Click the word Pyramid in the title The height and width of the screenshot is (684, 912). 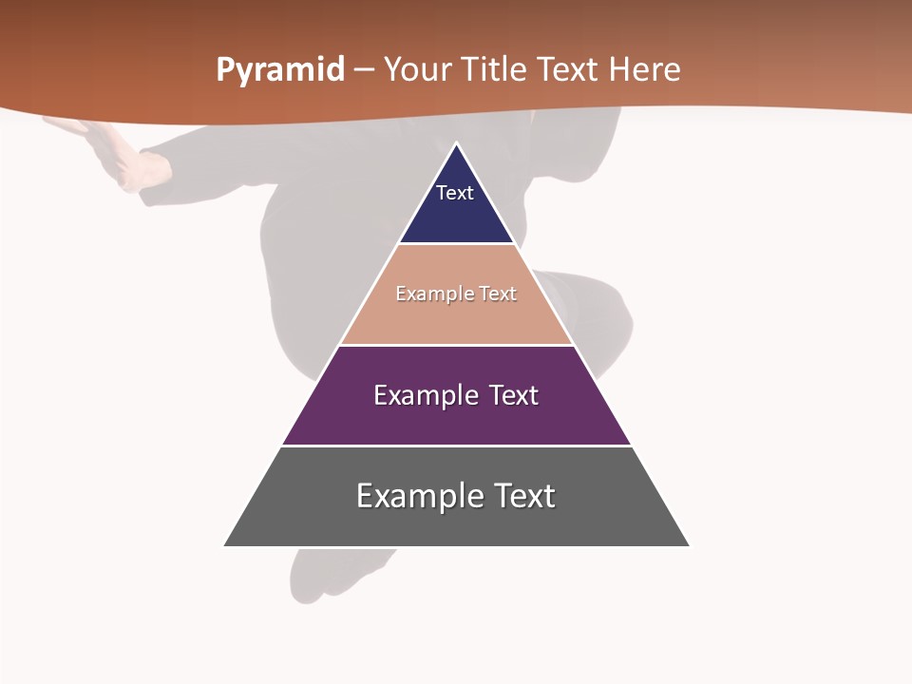tap(279, 70)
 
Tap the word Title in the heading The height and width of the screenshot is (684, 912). tap(494, 70)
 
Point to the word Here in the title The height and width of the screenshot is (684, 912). tap(644, 70)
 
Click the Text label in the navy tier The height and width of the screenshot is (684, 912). tap(455, 193)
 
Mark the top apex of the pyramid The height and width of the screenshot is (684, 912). tap(457, 143)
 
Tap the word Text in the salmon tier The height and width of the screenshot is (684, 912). tap(498, 294)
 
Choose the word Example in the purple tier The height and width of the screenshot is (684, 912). tap(425, 395)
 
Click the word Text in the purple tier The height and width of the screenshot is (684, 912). tap(513, 395)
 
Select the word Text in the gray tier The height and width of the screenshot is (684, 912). tap(522, 496)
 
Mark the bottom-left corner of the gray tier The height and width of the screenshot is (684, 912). tap(225, 545)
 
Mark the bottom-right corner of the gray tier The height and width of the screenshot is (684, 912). tap(689, 545)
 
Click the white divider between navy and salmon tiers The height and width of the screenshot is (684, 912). tap(457, 244)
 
